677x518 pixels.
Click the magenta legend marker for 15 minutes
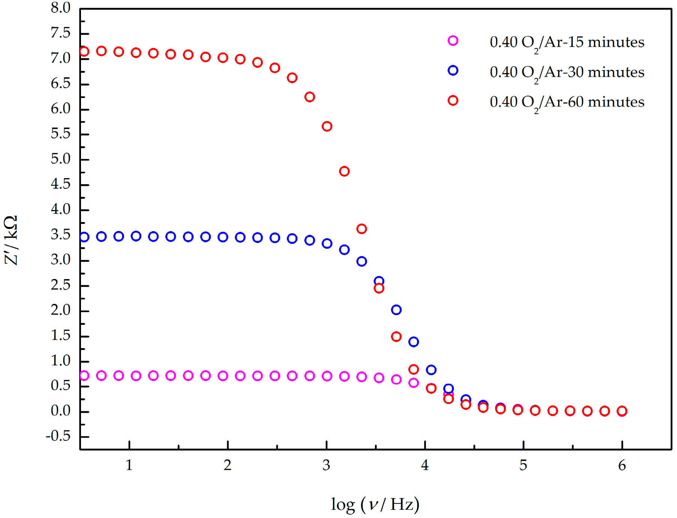453,41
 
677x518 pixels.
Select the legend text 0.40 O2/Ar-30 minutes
567,72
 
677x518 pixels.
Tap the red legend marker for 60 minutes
453,101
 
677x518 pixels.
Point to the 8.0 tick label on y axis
61,8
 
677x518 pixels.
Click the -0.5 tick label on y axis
58,436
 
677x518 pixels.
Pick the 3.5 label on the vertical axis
61,235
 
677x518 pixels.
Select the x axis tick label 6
622,465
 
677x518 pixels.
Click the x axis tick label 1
129,465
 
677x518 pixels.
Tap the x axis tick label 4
425,465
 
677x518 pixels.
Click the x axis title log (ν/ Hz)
375,504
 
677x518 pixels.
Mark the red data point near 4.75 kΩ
344,171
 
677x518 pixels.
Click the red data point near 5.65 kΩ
327,126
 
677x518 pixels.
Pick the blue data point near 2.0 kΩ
396,310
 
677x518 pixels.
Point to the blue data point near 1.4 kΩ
413,342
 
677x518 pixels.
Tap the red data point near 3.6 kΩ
361,229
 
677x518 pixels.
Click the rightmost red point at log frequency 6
622,411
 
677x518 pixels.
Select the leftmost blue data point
84,237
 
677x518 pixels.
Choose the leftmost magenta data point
84,375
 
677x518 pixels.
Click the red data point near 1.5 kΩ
396,336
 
